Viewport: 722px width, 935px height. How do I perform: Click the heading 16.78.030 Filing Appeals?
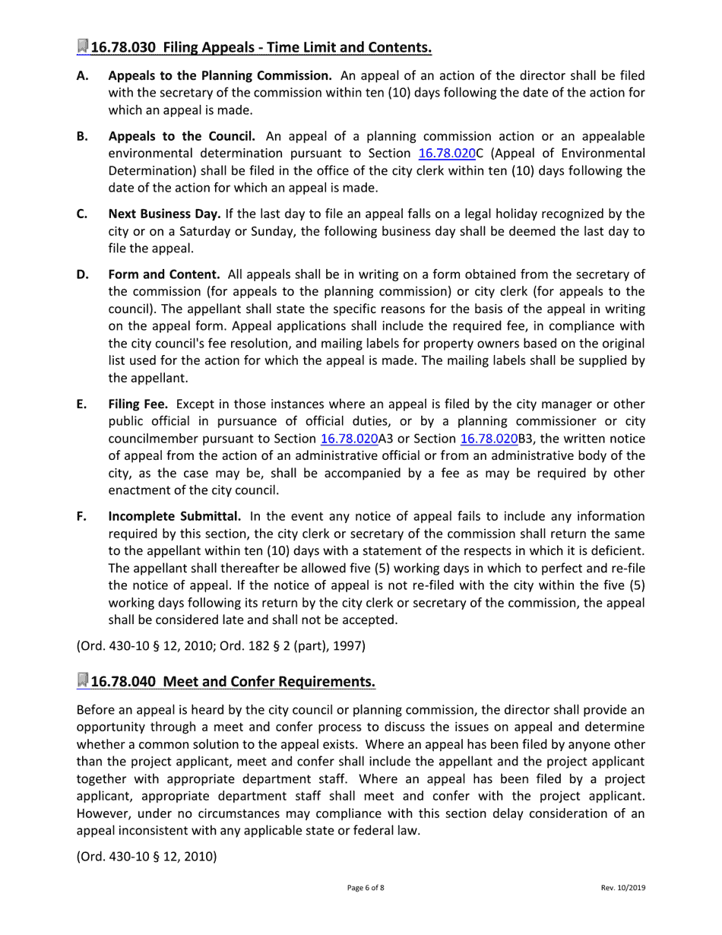(261, 48)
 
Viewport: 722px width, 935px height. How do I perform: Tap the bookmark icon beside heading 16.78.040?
(83, 680)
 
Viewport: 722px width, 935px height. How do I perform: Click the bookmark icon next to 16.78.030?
(83, 47)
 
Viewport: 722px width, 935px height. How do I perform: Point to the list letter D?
(82, 274)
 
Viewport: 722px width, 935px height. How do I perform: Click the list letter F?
(81, 517)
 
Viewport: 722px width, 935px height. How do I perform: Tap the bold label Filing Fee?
(138, 404)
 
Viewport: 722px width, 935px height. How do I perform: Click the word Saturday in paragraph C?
(183, 231)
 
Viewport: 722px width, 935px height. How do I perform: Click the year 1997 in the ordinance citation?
(349, 647)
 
